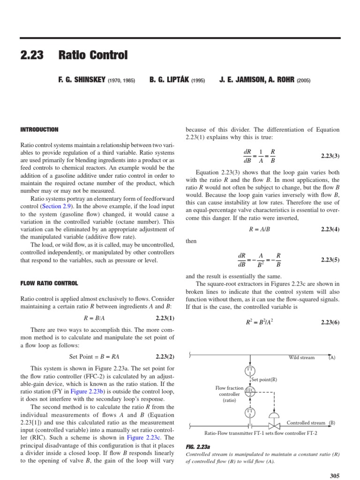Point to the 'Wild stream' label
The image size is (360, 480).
(301, 358)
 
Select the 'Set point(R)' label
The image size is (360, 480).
(264, 380)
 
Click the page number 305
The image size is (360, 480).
(334, 476)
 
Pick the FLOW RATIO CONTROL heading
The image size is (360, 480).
(49, 283)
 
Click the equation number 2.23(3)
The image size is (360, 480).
(330, 155)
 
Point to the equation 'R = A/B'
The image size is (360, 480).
(261, 229)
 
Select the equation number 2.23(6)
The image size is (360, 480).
(330, 322)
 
